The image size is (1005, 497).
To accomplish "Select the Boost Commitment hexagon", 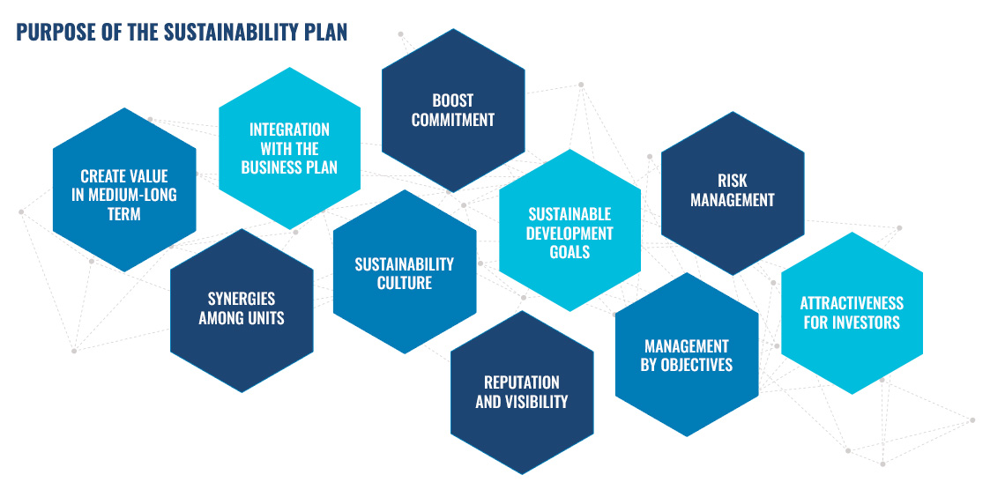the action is (453, 110).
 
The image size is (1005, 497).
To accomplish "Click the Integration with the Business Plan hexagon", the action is (290, 148).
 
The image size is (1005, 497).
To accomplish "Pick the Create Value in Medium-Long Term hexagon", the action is (124, 189).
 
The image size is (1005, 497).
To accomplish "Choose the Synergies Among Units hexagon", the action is (242, 310).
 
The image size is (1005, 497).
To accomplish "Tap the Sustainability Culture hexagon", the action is (405, 271).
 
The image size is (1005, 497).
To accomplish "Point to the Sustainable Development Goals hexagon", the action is (569, 231).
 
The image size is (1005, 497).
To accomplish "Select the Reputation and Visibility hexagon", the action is (522, 393).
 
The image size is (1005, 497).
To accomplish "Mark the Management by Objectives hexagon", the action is (687, 355).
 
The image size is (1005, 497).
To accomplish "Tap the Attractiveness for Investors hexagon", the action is (852, 313).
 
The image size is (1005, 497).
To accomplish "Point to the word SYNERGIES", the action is (242, 299).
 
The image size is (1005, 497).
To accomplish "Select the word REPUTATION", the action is (522, 383).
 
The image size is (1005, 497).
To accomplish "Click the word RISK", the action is (733, 182).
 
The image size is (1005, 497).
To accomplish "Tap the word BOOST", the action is (453, 100).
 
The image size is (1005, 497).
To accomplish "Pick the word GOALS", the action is (569, 252).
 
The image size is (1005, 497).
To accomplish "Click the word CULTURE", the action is (405, 283).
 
